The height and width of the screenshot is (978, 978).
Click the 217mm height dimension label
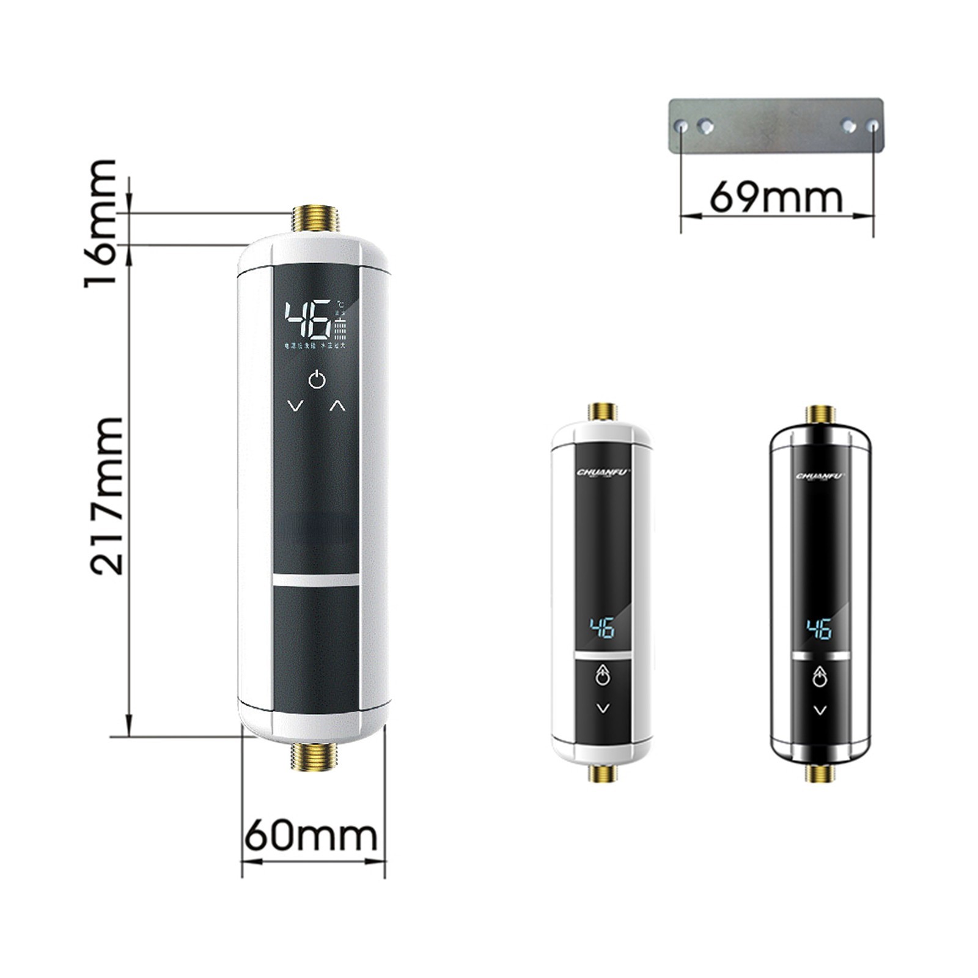[107, 496]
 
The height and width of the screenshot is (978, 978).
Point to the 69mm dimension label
[776, 196]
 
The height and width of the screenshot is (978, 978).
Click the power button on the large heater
[317, 380]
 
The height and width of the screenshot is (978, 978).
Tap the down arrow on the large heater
[295, 406]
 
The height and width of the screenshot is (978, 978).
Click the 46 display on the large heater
[309, 319]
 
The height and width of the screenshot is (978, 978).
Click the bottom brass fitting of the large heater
[315, 757]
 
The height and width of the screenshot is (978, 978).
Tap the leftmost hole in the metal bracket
[682, 127]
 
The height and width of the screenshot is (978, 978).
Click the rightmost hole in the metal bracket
[873, 126]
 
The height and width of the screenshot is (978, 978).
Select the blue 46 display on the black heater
[819, 629]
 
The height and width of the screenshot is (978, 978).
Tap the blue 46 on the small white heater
[602, 628]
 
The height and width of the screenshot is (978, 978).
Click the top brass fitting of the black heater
[820, 414]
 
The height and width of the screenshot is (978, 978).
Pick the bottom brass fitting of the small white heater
[603, 773]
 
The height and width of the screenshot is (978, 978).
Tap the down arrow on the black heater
[820, 710]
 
